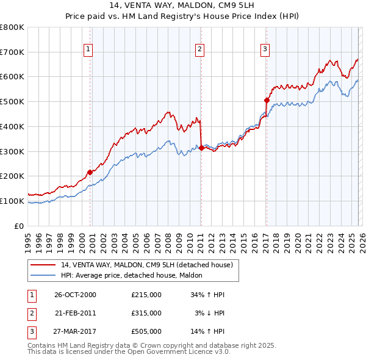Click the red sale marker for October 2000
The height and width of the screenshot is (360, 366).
pyautogui.click(x=90, y=172)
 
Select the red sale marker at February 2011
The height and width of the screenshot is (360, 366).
pyautogui.click(x=201, y=147)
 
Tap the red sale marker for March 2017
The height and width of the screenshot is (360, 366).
pyautogui.click(x=267, y=99)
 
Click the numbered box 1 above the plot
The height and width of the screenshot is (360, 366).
pyautogui.click(x=88, y=49)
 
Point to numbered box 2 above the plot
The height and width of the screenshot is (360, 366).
pyautogui.click(x=199, y=49)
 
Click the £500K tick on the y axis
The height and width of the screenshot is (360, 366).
pyautogui.click(x=12, y=101)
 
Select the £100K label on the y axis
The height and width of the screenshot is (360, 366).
pyautogui.click(x=12, y=201)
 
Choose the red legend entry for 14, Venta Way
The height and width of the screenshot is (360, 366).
pyautogui.click(x=146, y=265)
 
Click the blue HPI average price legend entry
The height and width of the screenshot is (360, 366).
pyautogui.click(x=135, y=276)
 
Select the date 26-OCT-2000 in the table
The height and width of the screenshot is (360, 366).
pyautogui.click(x=75, y=295)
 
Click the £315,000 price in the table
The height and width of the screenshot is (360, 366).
pyautogui.click(x=146, y=312)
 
